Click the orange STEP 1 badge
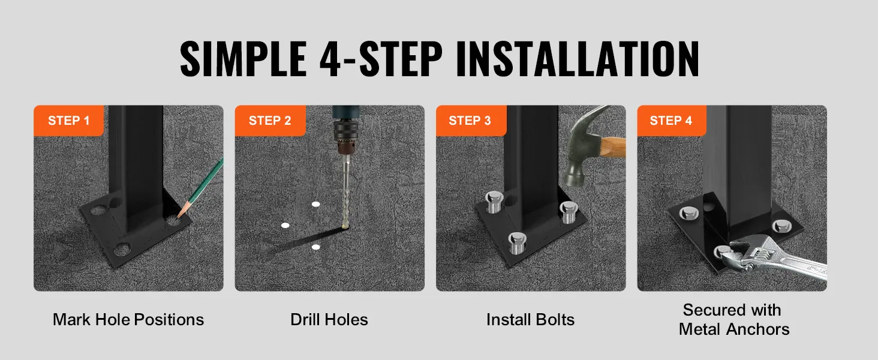68,121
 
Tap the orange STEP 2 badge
270,121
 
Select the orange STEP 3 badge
471,121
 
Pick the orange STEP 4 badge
672,121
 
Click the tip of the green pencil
178,217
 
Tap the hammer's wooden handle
614,146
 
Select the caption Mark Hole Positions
128,320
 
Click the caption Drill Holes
329,320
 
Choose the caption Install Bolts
530,320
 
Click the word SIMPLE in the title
243,58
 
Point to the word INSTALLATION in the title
578,58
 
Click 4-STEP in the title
381,58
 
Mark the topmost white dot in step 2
315,205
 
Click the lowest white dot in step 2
315,247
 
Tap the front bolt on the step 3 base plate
517,243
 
